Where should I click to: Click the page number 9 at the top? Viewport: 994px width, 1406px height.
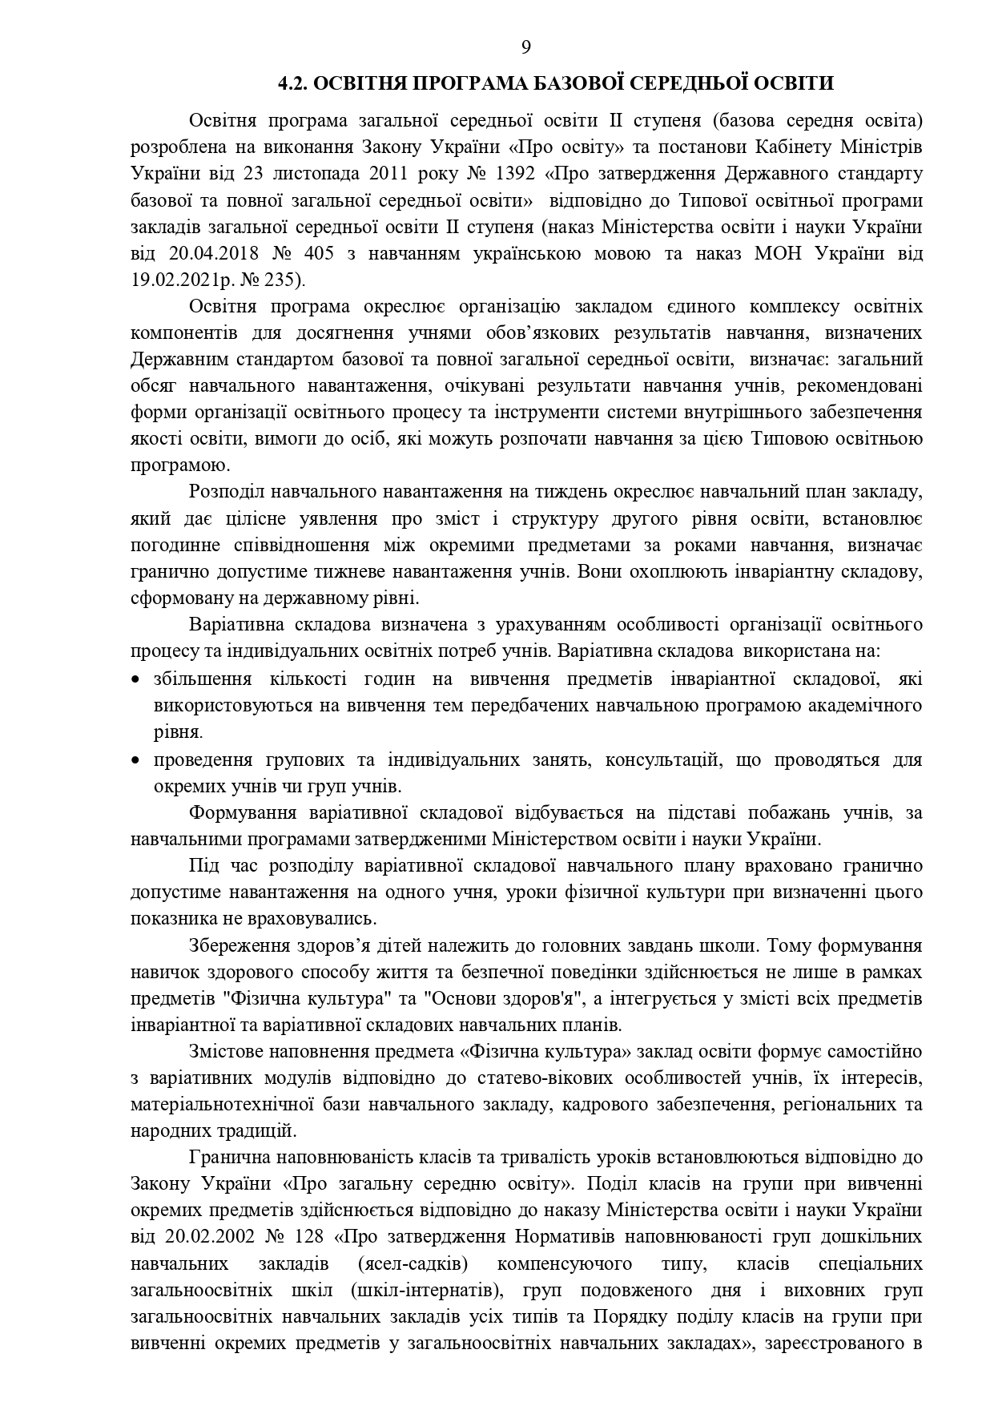(525, 46)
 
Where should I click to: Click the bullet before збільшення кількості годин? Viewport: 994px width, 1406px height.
(135, 680)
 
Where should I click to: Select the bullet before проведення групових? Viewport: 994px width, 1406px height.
(135, 759)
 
